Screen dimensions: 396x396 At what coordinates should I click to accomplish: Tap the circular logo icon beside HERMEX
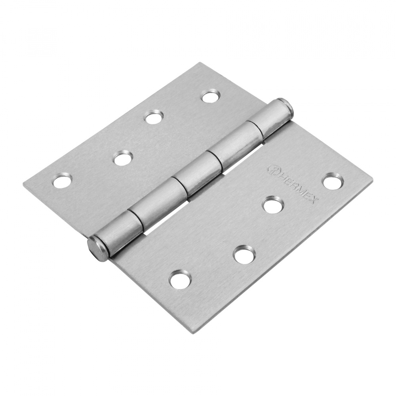click(x=272, y=169)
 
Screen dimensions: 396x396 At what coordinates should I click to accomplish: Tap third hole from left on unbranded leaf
click(x=153, y=117)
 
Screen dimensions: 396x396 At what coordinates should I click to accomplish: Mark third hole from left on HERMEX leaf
click(x=273, y=205)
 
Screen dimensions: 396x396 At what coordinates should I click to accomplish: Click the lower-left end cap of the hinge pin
click(x=95, y=247)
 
